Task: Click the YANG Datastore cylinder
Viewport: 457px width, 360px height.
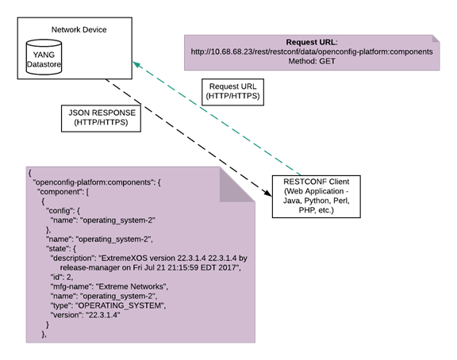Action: pos(44,57)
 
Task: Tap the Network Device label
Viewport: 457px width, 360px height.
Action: pos(79,29)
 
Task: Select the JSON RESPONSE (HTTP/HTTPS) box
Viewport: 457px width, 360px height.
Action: pos(101,118)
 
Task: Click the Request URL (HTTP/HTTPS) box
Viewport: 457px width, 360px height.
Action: pos(232,92)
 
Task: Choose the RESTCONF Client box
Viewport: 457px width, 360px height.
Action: pos(317,197)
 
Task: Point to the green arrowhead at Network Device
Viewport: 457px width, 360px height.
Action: pos(136,64)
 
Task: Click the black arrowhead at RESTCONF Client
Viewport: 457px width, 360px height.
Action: pos(267,193)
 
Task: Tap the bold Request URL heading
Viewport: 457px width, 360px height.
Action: pos(312,42)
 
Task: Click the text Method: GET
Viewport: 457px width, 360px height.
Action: pos(312,61)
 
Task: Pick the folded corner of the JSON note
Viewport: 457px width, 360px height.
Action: pos(236,186)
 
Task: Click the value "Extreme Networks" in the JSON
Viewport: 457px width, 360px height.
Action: pos(132,286)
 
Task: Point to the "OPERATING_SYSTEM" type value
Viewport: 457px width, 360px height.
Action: pos(121,305)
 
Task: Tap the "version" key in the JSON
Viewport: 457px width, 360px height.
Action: pos(66,315)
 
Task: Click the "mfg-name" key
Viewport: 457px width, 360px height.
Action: pos(71,287)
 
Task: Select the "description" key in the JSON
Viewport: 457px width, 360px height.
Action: pos(73,259)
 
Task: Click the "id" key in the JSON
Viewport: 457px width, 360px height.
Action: pos(56,277)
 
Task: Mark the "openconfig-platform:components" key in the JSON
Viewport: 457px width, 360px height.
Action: pos(93,182)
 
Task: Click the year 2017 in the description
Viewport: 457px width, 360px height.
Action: pos(229,268)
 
